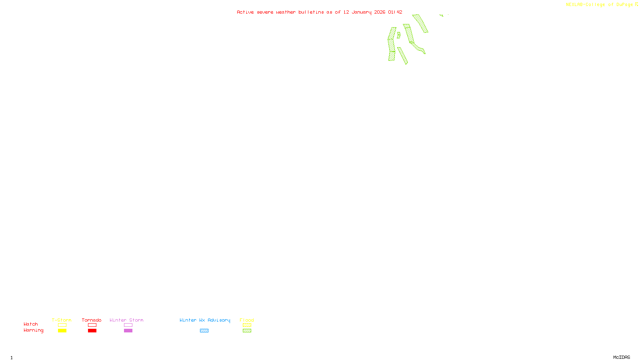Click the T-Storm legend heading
pyautogui.click(x=62, y=320)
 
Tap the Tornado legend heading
pyautogui.click(x=92, y=320)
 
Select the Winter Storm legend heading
pyautogui.click(x=126, y=320)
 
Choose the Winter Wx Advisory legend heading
pyautogui.click(x=205, y=320)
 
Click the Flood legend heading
pyautogui.click(x=247, y=320)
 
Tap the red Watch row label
pyautogui.click(x=31, y=324)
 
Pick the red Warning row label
pyautogui.click(x=34, y=330)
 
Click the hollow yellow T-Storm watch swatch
pyautogui.click(x=62, y=325)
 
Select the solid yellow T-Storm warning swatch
pyautogui.click(x=62, y=331)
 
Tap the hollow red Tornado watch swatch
pyautogui.click(x=92, y=325)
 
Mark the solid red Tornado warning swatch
pyautogui.click(x=92, y=331)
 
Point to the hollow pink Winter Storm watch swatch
pyautogui.click(x=128, y=325)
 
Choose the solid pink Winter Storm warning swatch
pyautogui.click(x=128, y=331)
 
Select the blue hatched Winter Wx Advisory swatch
pyautogui.click(x=204, y=331)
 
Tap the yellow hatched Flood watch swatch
pyautogui.click(x=247, y=325)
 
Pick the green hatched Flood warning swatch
pyautogui.click(x=247, y=331)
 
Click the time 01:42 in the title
pyautogui.click(x=395, y=12)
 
